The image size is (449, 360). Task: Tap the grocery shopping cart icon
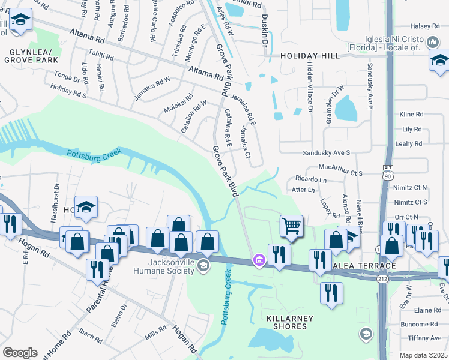coord(291,227)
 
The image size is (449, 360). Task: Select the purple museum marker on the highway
coord(259,260)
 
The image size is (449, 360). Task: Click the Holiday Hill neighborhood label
coord(310,55)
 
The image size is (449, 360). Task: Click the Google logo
coord(20,352)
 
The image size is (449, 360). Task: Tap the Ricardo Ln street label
coord(310,179)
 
